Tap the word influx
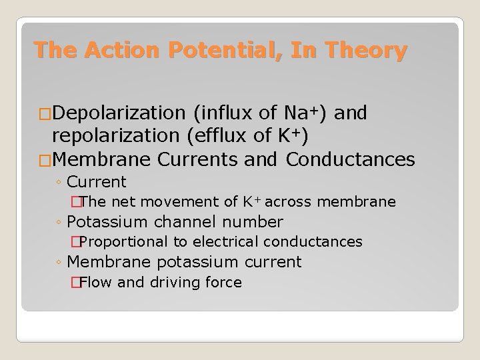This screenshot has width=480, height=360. (x=226, y=113)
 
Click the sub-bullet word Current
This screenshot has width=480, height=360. (x=97, y=181)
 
